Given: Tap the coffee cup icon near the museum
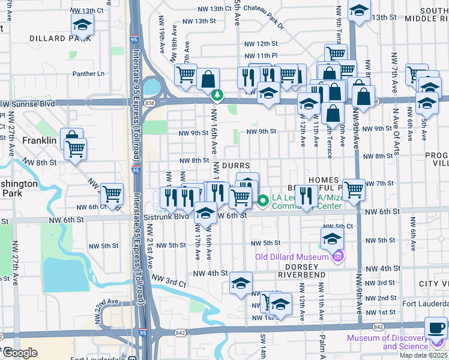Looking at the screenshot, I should click(x=436, y=328).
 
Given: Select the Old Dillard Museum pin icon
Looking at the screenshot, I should click(x=338, y=257).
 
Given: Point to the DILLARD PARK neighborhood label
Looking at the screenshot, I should click(x=60, y=38).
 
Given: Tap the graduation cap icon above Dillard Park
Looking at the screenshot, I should click(x=82, y=25).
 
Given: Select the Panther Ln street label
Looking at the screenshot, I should click(x=88, y=74).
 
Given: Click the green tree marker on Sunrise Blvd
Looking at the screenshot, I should click(x=217, y=95).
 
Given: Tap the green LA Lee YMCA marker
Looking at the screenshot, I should click(x=263, y=200).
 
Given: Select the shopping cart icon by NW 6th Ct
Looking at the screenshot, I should click(x=112, y=194).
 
